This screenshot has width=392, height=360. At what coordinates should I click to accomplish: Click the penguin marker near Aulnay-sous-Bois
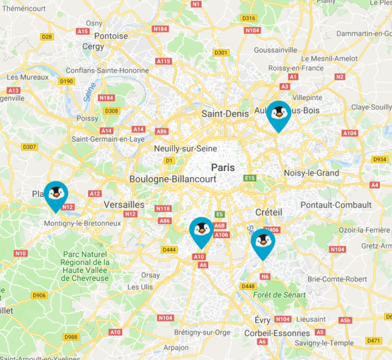278,114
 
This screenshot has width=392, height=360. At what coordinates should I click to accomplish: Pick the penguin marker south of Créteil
262,242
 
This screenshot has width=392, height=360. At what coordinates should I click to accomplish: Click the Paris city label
223,167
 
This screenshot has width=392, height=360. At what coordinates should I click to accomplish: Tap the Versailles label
124,204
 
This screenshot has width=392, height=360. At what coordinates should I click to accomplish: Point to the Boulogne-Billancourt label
173,179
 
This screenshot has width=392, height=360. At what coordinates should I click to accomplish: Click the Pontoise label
111,36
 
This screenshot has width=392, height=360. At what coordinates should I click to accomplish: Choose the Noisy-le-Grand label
311,173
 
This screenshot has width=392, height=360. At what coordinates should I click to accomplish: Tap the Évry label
262,320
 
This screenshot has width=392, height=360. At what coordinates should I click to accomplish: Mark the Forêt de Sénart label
279,295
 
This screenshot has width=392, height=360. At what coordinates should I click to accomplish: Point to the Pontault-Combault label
336,205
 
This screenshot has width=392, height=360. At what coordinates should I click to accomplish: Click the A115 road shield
163,61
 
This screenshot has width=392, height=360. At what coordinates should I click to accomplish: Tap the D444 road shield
169,250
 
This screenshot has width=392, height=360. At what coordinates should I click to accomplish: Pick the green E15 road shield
250,178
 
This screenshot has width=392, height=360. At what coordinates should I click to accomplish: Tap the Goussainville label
275,50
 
